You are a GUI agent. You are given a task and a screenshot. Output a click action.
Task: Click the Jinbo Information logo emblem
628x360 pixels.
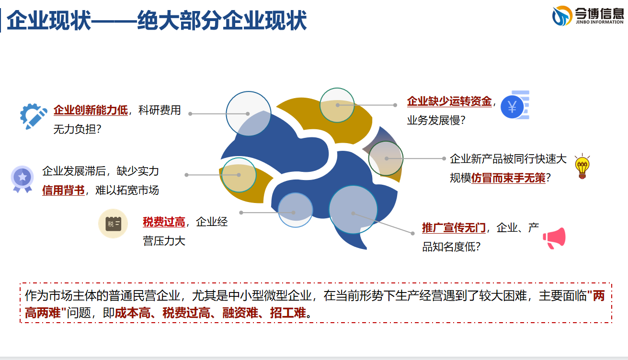coord(562,16)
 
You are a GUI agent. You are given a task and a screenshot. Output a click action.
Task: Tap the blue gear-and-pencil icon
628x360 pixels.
coord(34,116)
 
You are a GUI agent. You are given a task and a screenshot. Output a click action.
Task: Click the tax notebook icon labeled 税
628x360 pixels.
coord(113,224)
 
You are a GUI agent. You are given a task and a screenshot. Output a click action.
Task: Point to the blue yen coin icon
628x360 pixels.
coord(515,105)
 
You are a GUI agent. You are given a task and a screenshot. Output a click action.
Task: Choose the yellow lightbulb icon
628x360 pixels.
coord(582,166)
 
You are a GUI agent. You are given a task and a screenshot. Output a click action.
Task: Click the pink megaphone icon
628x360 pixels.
coord(554,238)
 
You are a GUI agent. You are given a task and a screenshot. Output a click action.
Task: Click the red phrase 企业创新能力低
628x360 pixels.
coord(91,110)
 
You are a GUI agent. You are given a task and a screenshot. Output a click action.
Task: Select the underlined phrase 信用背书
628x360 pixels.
coord(63,190)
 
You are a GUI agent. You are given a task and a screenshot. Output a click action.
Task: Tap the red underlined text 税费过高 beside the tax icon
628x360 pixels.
coord(164,222)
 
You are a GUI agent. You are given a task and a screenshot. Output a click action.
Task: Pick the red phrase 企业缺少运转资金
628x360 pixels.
coord(449,101)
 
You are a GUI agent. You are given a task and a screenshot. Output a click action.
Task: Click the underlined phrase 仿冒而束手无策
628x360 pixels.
coord(508,178)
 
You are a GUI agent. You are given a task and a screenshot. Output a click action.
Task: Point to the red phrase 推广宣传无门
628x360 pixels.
coord(454,227)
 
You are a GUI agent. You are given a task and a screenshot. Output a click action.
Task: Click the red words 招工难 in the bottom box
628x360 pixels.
coord(288,313)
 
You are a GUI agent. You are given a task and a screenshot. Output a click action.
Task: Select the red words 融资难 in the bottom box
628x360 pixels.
coord(240,313)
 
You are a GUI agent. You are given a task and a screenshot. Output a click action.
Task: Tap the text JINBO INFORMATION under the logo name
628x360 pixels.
coord(600,22)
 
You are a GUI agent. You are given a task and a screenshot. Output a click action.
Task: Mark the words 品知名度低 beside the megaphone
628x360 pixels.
coord(448,247)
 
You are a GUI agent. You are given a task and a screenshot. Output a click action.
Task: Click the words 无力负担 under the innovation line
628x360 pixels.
coord(74,129)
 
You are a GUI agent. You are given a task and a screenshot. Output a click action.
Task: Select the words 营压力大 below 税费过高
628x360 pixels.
coord(164,241)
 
